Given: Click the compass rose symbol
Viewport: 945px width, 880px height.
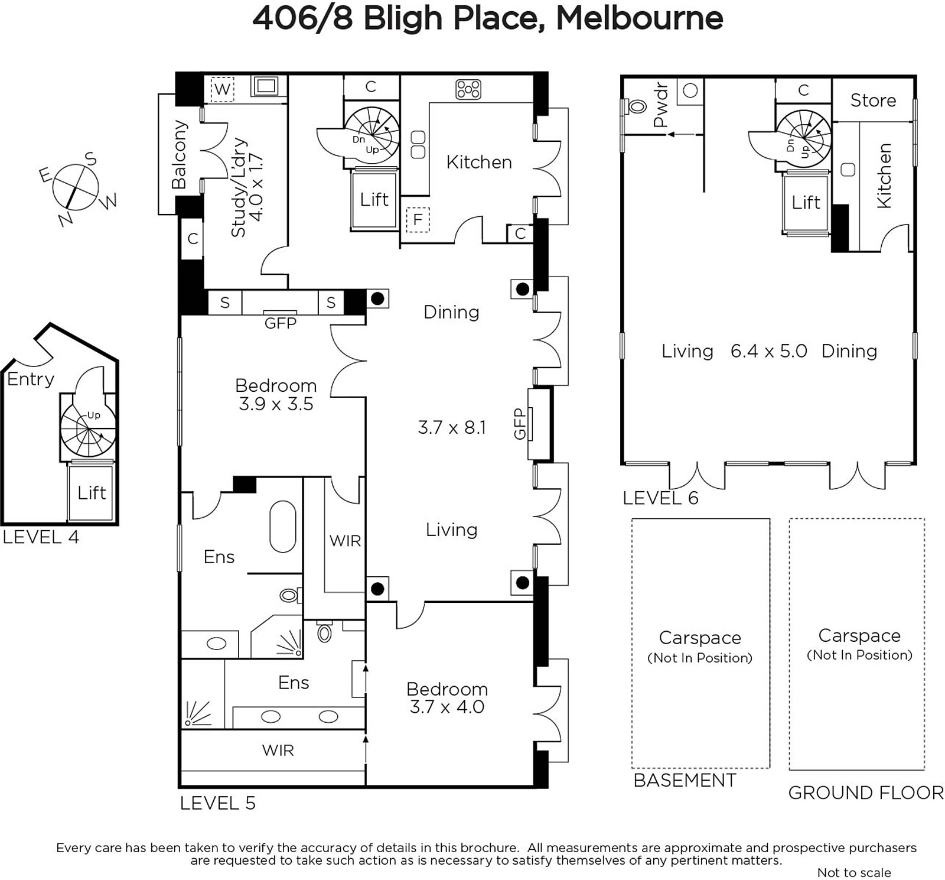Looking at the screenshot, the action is [x=75, y=187].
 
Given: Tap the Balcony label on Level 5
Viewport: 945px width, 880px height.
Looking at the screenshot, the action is [x=179, y=155].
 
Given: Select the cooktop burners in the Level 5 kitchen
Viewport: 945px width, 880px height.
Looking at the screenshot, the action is [x=468, y=89].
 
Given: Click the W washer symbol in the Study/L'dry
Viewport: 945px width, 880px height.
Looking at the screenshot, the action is [x=222, y=90].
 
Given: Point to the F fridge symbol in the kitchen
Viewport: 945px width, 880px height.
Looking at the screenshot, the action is [x=418, y=220].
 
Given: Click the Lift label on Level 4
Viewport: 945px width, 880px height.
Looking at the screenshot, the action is [x=92, y=492].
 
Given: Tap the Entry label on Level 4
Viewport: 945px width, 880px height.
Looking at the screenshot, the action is [x=31, y=379].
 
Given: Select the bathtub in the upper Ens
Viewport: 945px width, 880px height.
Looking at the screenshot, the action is [x=283, y=527].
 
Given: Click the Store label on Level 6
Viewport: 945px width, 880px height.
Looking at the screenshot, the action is [x=873, y=100].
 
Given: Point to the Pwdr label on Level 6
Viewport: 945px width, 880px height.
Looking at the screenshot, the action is [x=660, y=105].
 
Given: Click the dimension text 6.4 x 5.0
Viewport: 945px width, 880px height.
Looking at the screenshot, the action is [x=769, y=351].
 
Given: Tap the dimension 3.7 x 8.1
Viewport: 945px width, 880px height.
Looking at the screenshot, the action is [x=452, y=427].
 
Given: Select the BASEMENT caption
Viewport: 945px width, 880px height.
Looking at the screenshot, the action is [x=685, y=780].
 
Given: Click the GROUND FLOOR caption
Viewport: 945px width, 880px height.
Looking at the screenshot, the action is [x=866, y=793].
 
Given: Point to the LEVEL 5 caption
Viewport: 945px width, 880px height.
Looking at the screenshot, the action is [x=217, y=803].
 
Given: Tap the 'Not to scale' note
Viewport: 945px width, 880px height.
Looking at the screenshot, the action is [x=854, y=872].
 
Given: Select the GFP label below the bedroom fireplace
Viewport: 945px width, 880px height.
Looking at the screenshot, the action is [x=281, y=323].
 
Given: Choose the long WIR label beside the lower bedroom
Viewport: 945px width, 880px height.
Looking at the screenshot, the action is [x=278, y=750].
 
